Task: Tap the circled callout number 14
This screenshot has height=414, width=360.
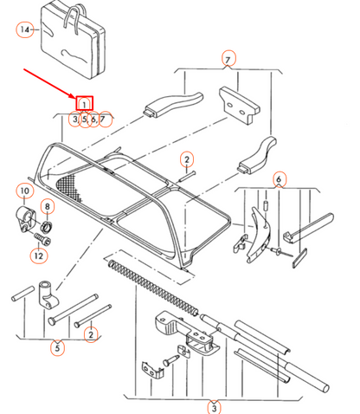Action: (x=24, y=29)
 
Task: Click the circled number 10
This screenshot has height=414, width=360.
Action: (x=24, y=191)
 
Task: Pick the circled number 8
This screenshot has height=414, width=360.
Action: (x=47, y=206)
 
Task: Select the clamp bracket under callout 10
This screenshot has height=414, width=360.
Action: (x=25, y=218)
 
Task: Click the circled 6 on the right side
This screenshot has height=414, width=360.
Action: (x=279, y=179)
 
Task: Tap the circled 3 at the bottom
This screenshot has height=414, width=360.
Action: (x=214, y=405)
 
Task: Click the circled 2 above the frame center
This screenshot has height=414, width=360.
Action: (x=185, y=158)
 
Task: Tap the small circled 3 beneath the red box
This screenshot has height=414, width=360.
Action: (x=75, y=119)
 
